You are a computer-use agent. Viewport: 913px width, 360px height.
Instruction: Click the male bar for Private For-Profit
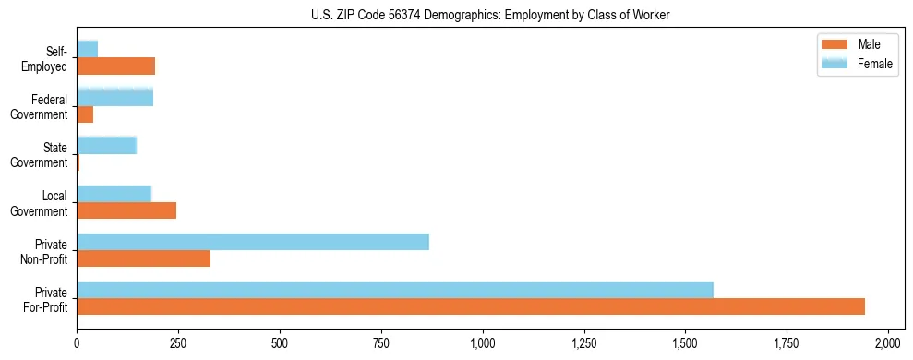pos(471,306)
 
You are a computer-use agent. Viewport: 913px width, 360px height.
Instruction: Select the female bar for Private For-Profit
pos(395,289)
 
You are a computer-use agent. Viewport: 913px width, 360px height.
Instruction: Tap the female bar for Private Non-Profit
pos(253,242)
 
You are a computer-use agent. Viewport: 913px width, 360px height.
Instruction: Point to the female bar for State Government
pos(106,145)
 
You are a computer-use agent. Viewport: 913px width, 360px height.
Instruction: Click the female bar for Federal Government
pos(114,97)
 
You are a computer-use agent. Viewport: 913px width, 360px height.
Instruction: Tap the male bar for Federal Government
pos(85,114)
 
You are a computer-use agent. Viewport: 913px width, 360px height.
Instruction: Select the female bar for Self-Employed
pos(87,49)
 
